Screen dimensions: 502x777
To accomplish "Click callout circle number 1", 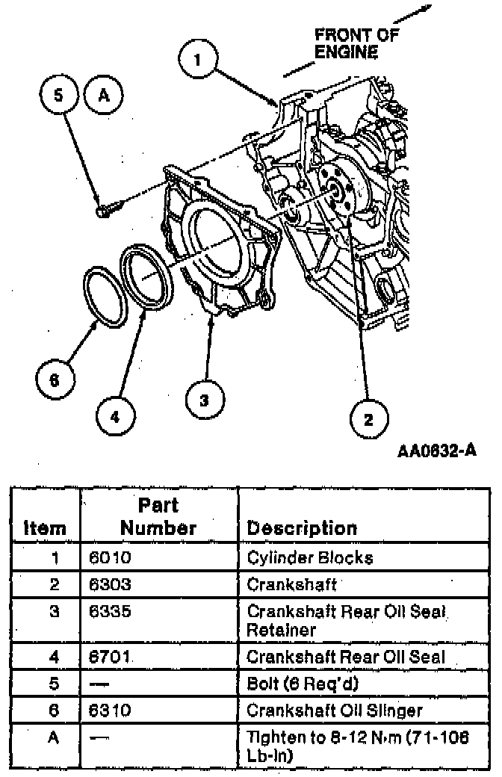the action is click(197, 60).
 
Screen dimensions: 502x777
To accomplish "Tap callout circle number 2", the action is click(368, 418).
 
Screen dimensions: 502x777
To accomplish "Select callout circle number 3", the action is click(204, 400).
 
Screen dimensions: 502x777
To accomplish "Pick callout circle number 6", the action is click(54, 380).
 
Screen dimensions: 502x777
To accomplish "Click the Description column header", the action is click(302, 527).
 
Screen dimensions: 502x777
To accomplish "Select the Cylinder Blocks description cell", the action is click(310, 557).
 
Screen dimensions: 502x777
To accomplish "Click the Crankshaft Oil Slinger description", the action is click(335, 710).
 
